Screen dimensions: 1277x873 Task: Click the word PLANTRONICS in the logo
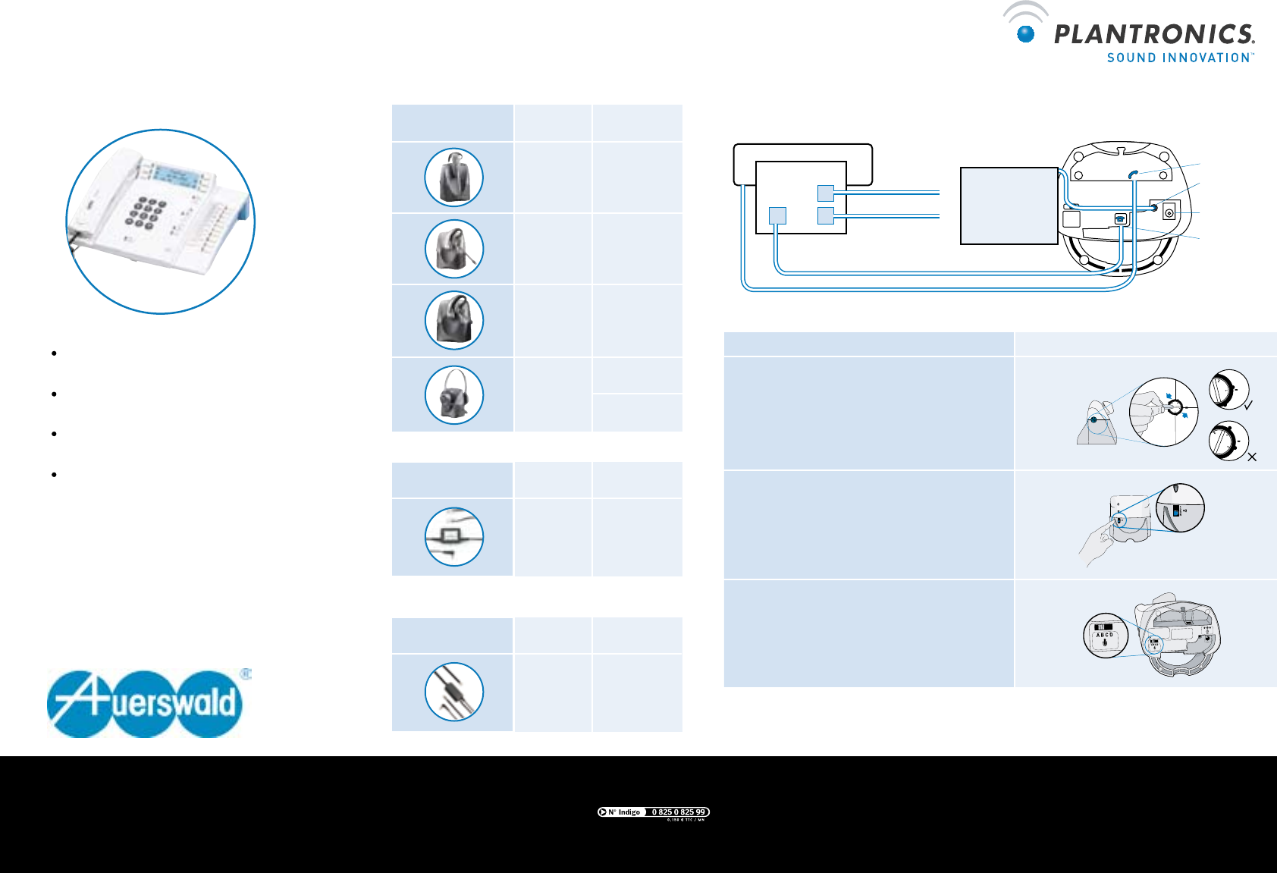[x=1154, y=34]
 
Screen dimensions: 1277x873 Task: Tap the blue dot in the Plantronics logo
[x=1026, y=33]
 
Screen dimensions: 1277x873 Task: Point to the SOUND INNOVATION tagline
[x=1180, y=58]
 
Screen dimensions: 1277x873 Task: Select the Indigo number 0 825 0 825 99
[x=679, y=812]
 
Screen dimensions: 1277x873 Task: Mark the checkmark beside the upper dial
[x=1248, y=406]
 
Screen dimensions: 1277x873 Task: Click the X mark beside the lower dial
[x=1252, y=457]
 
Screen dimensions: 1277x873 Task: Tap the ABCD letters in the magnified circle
[x=1104, y=635]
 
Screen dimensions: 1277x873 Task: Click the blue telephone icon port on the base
[x=1121, y=219]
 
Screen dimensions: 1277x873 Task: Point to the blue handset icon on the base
[x=1133, y=174]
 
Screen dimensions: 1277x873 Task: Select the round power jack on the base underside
[x=1169, y=213]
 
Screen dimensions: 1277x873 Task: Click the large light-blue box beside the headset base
[x=1009, y=206]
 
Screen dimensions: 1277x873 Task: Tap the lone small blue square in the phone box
[x=777, y=215]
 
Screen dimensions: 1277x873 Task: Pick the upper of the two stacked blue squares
[x=826, y=193]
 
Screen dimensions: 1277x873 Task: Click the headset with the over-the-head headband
[x=454, y=394]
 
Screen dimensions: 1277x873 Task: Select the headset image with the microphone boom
[x=454, y=250]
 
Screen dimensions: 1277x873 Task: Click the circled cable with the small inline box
[x=454, y=537]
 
